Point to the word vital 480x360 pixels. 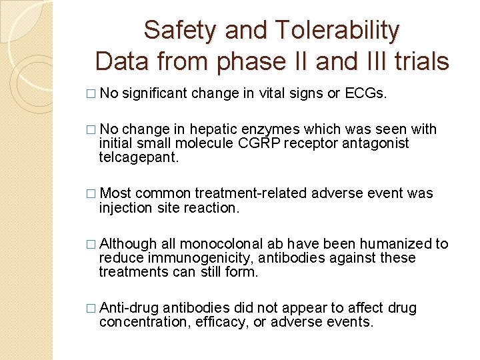coord(267,93)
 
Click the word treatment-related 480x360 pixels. coord(251,193)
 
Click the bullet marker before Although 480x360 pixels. coord(92,244)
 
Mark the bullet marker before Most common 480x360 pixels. coord(92,193)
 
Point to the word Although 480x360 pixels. coord(128,244)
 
